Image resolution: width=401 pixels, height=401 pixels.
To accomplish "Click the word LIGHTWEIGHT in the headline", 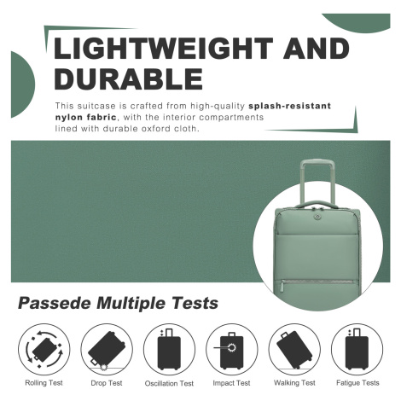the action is click(163, 48).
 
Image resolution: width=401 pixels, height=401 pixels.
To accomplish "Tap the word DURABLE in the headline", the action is click(129, 78).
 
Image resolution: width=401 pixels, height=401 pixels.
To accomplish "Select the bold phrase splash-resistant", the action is click(289, 106).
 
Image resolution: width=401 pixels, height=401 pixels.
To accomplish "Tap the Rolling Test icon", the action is click(44, 349).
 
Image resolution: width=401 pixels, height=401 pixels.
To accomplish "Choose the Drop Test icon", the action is click(107, 349).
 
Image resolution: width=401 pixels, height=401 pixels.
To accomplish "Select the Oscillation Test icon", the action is click(169, 349).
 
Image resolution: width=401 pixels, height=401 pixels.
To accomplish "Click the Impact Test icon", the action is click(232, 349).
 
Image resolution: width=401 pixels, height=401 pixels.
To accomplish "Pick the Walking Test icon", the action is click(294, 349).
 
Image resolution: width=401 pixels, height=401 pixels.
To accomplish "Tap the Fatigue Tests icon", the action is click(357, 349).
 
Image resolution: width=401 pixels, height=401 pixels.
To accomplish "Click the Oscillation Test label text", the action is click(169, 383).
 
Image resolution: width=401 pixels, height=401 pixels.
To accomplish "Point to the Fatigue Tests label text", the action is click(357, 383).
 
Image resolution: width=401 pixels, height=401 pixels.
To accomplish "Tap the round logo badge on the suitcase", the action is click(317, 217).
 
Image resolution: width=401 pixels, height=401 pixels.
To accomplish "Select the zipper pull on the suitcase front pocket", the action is click(282, 286).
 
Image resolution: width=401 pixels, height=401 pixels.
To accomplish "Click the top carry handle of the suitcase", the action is click(316, 204).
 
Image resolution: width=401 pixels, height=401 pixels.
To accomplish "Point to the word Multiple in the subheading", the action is click(131, 303).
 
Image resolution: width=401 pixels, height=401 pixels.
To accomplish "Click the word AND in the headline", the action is click(316, 48).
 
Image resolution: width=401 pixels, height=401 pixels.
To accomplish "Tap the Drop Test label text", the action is click(107, 383).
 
